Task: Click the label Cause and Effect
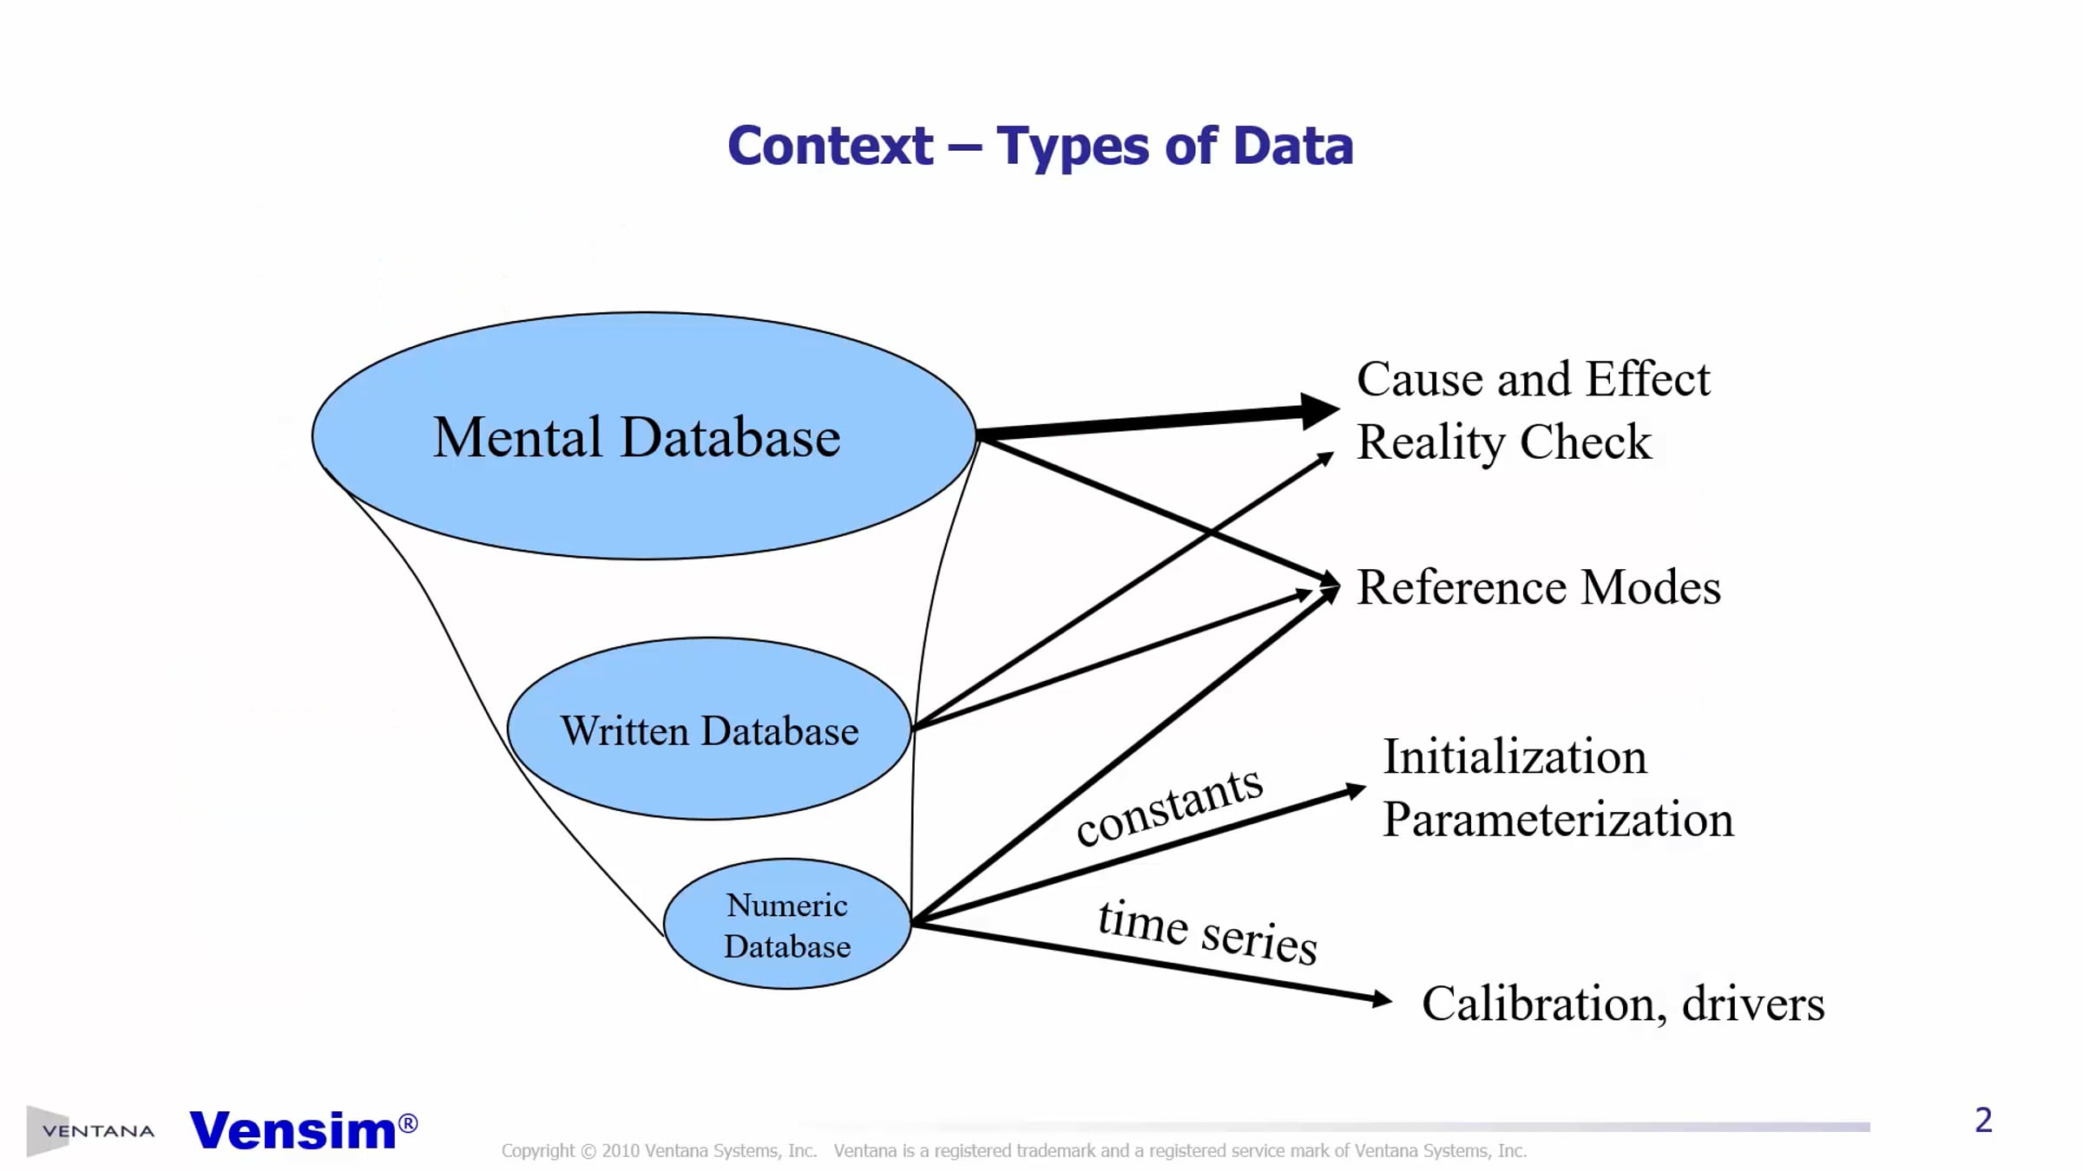1533,379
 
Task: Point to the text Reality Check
1503,442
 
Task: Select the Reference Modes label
1538,587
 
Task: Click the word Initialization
1515,756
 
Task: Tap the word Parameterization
1558,819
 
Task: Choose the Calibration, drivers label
1622,1004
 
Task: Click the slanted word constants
1169,806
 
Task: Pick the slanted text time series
1207,932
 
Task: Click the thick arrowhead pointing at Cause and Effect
1318,411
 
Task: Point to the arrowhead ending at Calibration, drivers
1381,999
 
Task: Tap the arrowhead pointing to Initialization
1355,790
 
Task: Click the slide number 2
1983,1120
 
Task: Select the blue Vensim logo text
292,1129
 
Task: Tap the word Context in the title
830,145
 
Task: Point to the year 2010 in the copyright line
620,1151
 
